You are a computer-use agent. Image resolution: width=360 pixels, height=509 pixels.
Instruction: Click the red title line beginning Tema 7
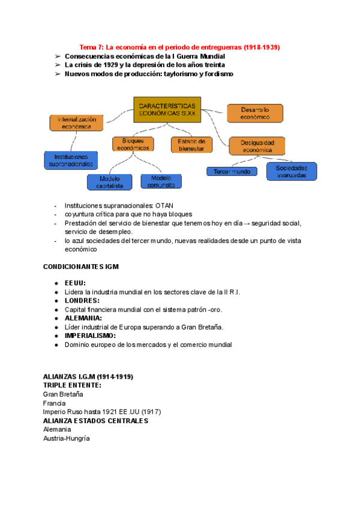[x=180, y=46]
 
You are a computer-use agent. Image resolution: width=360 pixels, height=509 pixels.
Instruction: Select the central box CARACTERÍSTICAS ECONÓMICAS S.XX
[x=167, y=109]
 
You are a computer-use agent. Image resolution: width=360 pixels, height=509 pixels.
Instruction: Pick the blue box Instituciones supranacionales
[x=71, y=160]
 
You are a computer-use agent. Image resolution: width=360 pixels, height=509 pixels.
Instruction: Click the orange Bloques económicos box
[x=133, y=144]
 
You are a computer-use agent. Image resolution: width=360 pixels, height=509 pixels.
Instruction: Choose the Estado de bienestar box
[x=192, y=144]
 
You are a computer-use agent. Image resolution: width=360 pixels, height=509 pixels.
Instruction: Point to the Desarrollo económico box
[x=255, y=113]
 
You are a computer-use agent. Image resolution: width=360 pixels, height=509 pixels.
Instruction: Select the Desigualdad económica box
[x=257, y=146]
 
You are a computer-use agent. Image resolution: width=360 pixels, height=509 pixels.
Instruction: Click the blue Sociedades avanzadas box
[x=292, y=171]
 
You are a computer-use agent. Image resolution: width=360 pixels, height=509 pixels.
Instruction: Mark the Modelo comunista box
[x=161, y=181]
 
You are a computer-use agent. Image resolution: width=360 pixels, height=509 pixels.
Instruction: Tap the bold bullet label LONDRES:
[x=82, y=300]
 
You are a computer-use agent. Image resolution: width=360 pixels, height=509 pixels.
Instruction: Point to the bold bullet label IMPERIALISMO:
[x=90, y=336]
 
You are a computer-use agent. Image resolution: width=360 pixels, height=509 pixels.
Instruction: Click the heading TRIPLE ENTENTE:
[x=72, y=385]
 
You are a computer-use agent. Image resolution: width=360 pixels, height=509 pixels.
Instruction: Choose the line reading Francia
[x=55, y=403]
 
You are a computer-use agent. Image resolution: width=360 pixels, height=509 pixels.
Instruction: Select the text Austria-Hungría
[x=66, y=438]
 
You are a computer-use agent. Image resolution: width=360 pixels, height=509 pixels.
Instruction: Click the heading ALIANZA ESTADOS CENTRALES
[x=95, y=421]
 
